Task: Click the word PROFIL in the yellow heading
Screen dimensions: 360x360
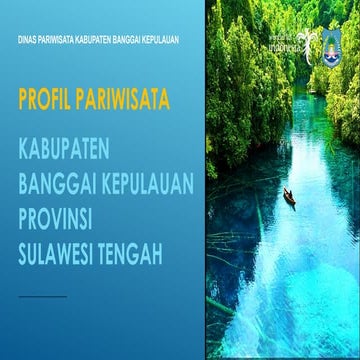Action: pos(46,101)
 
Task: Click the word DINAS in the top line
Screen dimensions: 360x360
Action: pos(28,40)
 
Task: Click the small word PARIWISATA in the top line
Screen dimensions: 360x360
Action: pos(59,40)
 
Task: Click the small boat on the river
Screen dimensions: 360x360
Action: pos(288,197)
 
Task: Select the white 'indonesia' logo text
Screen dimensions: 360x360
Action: pos(292,46)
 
